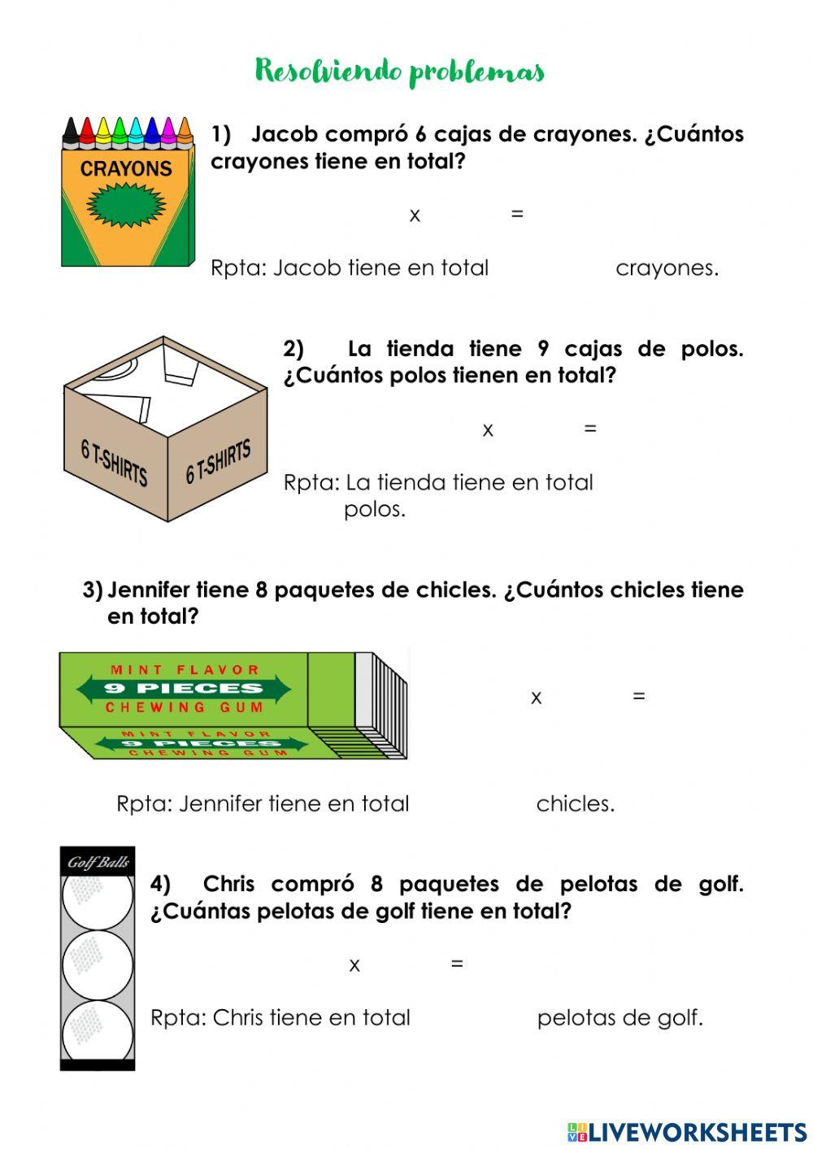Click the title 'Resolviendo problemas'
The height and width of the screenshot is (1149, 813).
click(x=399, y=72)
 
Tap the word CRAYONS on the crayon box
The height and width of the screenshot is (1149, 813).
click(x=126, y=169)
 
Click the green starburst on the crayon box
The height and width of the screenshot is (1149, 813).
click(x=126, y=204)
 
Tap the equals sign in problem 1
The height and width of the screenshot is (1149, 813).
click(x=517, y=214)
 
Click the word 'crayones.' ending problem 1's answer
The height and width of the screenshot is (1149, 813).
click(x=667, y=268)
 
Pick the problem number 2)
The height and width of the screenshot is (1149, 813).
click(x=293, y=349)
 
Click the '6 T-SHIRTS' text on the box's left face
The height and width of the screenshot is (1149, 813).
click(x=115, y=462)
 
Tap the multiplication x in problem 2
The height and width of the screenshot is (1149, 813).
click(x=488, y=429)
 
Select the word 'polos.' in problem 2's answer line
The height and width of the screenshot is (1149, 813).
click(x=375, y=510)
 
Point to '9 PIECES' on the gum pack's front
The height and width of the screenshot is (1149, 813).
click(x=184, y=688)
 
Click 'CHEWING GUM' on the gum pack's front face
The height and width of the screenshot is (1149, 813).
click(x=185, y=707)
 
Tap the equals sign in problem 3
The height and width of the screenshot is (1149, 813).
click(x=639, y=696)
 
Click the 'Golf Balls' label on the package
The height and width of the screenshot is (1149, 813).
click(x=98, y=862)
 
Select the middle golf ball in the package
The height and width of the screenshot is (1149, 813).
click(x=98, y=964)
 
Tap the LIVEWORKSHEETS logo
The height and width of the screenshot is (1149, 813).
click(x=687, y=1132)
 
